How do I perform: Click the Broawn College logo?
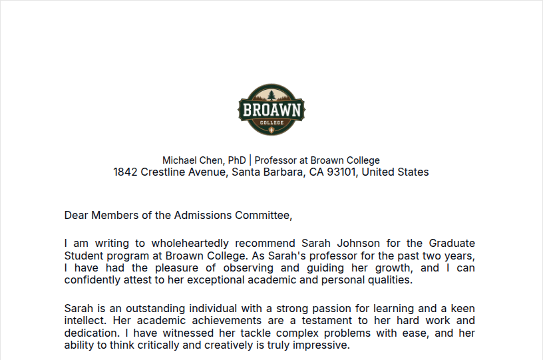(271, 110)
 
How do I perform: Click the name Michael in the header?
(180, 160)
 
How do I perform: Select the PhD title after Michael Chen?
(237, 160)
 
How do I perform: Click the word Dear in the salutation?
(76, 216)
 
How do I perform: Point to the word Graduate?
(452, 244)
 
